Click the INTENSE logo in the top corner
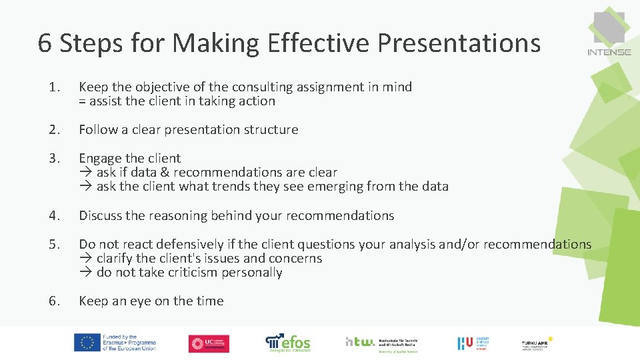(x=609, y=33)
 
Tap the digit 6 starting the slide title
(x=45, y=43)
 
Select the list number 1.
(x=54, y=87)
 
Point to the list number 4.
(x=54, y=215)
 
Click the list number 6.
(x=54, y=301)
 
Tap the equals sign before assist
(x=83, y=101)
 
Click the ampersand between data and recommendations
(x=170, y=173)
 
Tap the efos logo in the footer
(x=288, y=342)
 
